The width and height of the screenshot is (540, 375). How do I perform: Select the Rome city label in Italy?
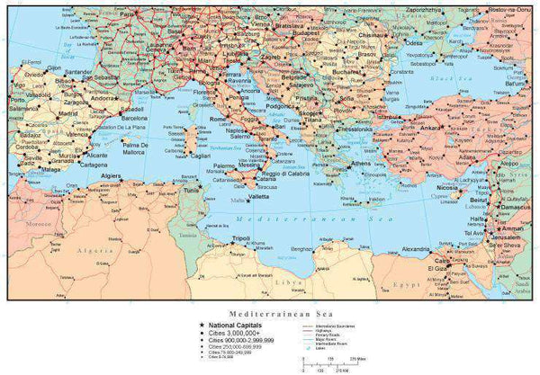[219, 120]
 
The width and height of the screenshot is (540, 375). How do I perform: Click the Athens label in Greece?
[361, 165]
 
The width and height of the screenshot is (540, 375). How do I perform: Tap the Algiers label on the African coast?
[112, 176]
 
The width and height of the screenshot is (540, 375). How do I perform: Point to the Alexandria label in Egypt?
[417, 249]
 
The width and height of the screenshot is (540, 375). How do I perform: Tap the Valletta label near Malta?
[259, 195]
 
